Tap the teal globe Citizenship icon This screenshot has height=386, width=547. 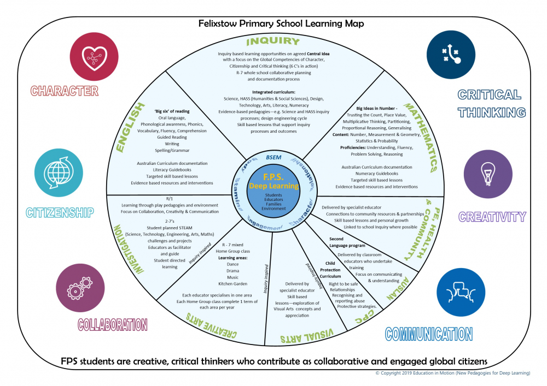(56, 173)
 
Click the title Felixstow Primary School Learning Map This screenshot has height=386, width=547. (273, 24)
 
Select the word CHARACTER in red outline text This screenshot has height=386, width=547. (64, 91)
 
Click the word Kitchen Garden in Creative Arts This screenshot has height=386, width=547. (233, 284)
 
